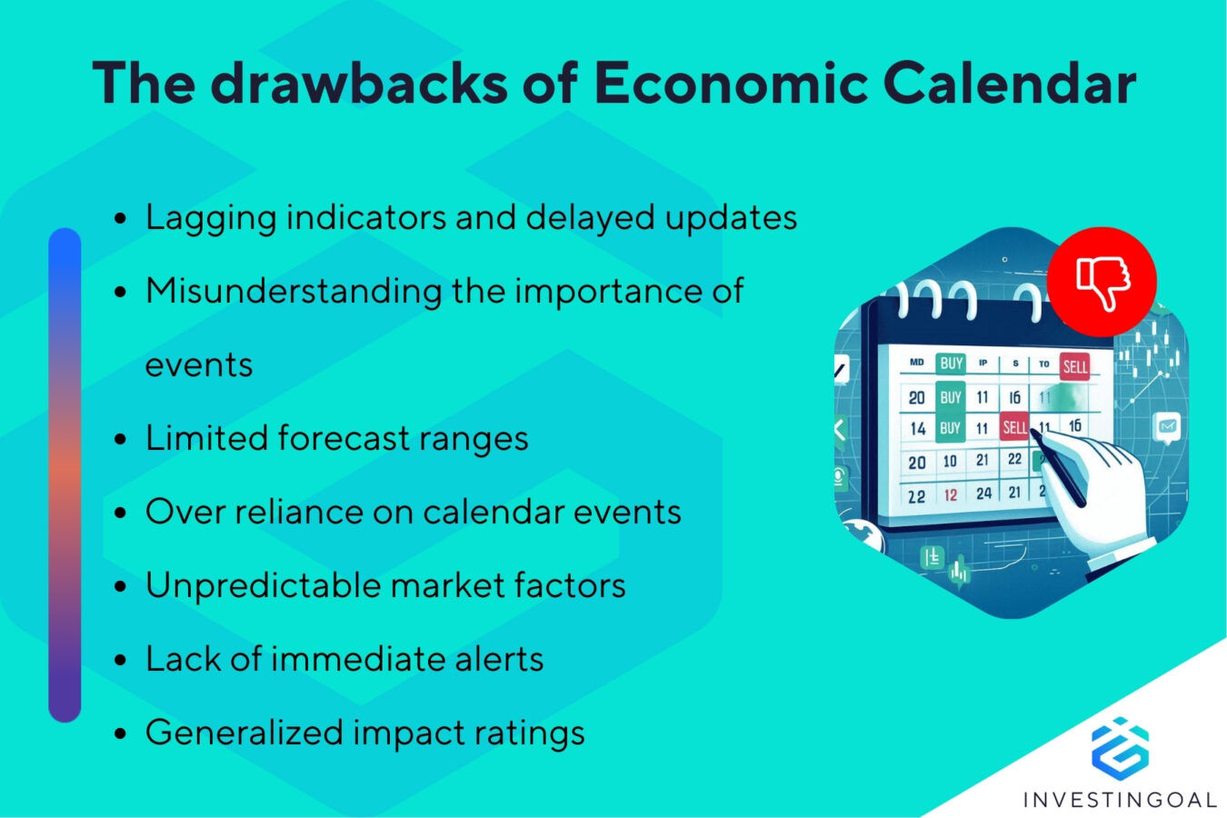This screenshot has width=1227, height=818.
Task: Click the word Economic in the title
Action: tap(731, 84)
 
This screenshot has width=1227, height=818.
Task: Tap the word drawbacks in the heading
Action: tap(359, 84)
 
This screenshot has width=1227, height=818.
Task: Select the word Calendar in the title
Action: tap(1009, 84)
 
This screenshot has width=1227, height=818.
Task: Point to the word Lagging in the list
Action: tap(210, 219)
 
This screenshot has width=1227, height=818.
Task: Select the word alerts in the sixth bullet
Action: tap(501, 659)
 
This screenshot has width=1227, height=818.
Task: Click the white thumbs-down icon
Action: tap(1102, 282)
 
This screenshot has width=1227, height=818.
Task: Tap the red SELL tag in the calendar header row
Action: tap(1074, 366)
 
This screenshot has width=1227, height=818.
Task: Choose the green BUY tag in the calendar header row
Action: tap(951, 364)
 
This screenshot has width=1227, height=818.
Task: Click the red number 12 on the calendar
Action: tap(950, 495)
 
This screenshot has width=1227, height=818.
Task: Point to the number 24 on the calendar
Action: tap(983, 494)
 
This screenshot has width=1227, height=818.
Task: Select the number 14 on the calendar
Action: tap(917, 428)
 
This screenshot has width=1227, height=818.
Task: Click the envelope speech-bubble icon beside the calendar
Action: tap(1167, 425)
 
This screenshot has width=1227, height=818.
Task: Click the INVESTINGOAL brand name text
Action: tap(1119, 800)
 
